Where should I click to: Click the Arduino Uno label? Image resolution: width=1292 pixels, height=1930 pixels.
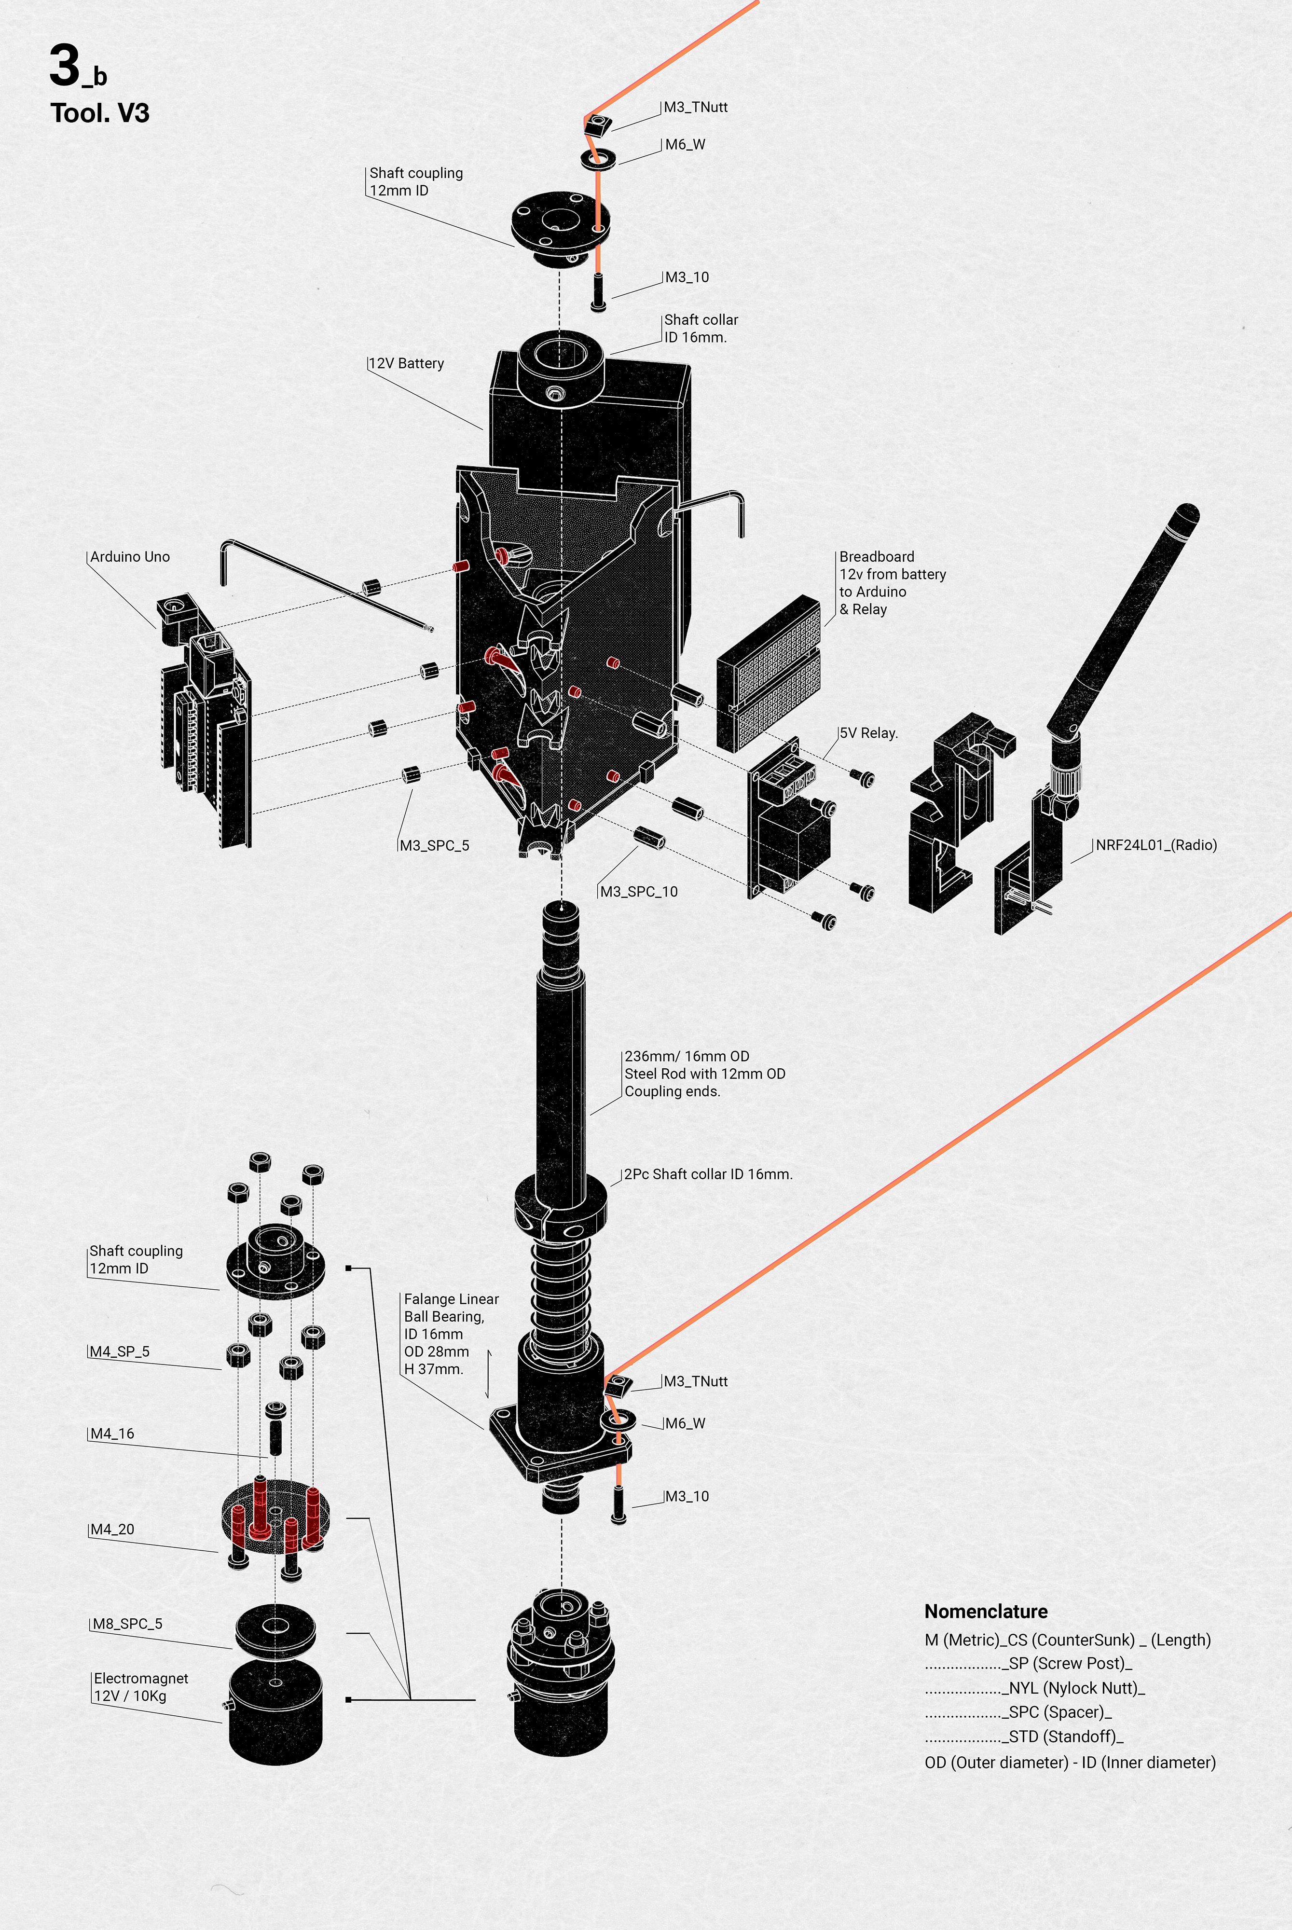pyautogui.click(x=130, y=557)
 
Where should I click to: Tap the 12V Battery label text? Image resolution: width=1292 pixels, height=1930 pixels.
pyautogui.click(x=406, y=363)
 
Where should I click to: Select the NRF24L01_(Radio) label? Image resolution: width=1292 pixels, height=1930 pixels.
pyautogui.click(x=1156, y=845)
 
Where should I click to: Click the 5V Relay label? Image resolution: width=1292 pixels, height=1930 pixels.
pyautogui.click(x=868, y=732)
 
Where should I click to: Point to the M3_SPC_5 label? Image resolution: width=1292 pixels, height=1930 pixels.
pyautogui.click(x=434, y=845)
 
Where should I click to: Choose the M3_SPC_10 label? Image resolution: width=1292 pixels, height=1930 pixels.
pyautogui.click(x=639, y=892)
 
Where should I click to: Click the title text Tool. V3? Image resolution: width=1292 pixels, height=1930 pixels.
pyautogui.click(x=100, y=113)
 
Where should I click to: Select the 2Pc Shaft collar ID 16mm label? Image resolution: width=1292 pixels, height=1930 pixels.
pyautogui.click(x=708, y=1174)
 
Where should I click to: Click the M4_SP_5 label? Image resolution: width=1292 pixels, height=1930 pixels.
pyautogui.click(x=120, y=1351)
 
